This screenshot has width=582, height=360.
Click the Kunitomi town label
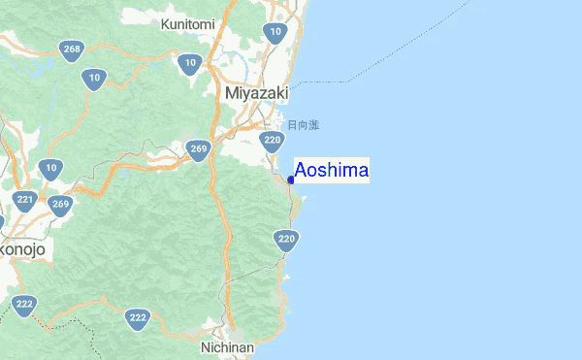click(x=188, y=23)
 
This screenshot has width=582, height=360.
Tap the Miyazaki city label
click(x=256, y=93)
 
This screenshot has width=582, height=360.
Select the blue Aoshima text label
click(x=331, y=172)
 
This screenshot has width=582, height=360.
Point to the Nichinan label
click(x=227, y=346)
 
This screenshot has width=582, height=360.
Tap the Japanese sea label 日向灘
click(x=303, y=125)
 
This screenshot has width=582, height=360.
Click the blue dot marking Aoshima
click(x=291, y=179)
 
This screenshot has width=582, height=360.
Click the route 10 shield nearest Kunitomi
click(x=189, y=65)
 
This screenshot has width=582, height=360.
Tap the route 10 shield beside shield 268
click(x=94, y=80)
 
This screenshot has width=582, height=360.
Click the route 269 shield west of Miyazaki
click(x=199, y=150)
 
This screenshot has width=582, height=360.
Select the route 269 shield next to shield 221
click(x=60, y=206)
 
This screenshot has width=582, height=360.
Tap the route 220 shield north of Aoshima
click(x=273, y=142)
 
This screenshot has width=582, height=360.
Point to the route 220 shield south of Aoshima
click(x=285, y=240)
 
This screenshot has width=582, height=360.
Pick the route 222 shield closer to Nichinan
click(x=138, y=318)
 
